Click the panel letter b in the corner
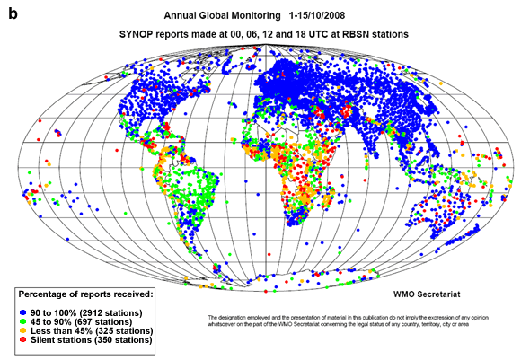point(13,13)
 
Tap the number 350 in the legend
point(110,341)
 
